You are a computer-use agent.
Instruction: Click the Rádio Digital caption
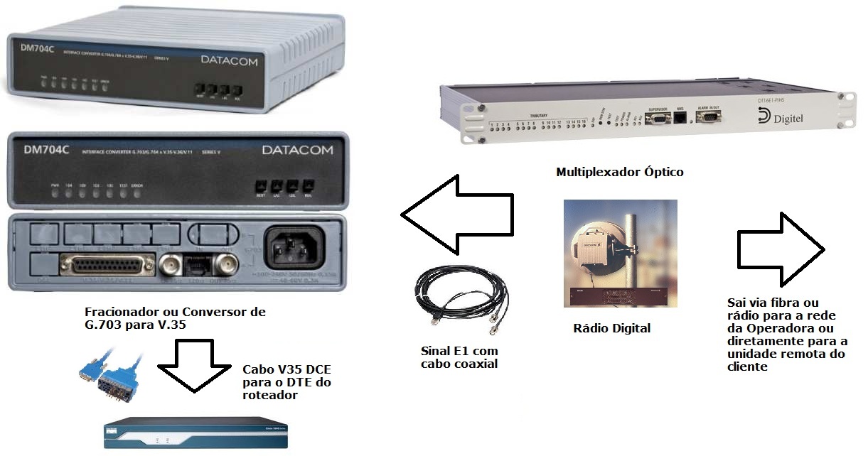[x=611, y=328]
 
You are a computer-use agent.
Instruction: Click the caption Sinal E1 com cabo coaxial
[x=459, y=358]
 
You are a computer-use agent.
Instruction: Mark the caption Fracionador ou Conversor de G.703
[x=175, y=319]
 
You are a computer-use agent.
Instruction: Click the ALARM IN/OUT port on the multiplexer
[x=708, y=117]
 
